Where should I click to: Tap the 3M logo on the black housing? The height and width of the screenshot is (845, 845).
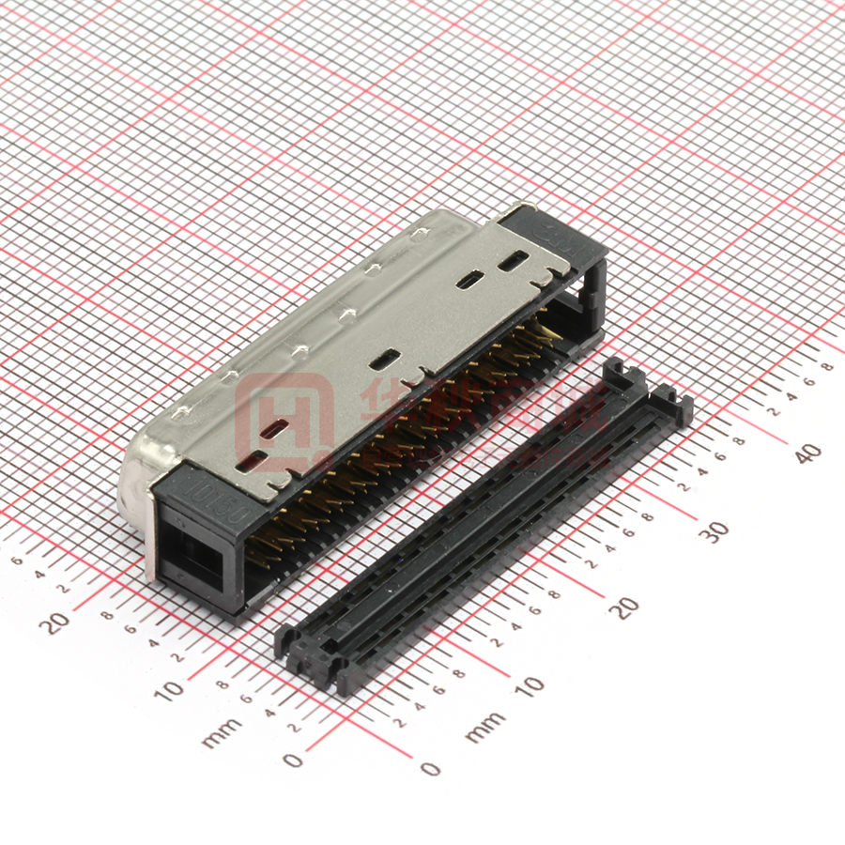pyautogui.click(x=545, y=230)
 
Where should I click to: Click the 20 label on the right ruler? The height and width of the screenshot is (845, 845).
pyautogui.click(x=624, y=607)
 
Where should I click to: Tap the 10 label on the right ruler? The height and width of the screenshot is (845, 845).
pyautogui.click(x=530, y=685)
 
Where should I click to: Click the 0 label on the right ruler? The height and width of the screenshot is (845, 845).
pyautogui.click(x=431, y=769)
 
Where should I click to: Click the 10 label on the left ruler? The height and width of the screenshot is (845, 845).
pyautogui.click(x=170, y=690)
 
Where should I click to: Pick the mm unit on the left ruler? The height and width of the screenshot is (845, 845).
pyautogui.click(x=222, y=732)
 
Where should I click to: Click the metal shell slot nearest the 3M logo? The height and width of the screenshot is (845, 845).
pyautogui.click(x=513, y=263)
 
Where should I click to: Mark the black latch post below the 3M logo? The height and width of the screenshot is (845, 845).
pyautogui.click(x=593, y=282)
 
